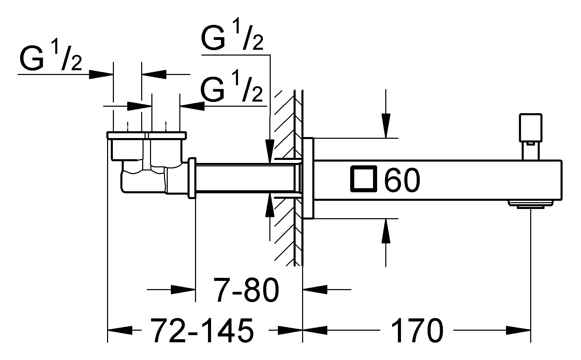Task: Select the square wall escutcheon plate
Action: [x=308, y=178]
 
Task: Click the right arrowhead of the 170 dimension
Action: [x=518, y=330]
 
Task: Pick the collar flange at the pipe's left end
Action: [x=192, y=178]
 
